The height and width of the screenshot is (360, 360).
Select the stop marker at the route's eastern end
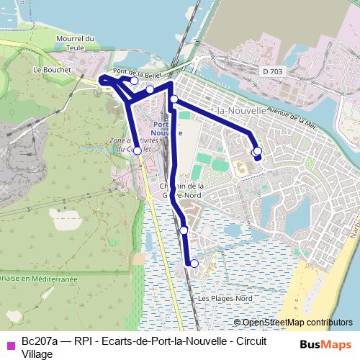tap(257, 151)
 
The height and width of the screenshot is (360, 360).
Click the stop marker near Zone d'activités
tap(138, 150)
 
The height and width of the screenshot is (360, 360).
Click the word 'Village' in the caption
tap(37, 353)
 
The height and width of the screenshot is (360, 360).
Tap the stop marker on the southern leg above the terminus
tap(184, 230)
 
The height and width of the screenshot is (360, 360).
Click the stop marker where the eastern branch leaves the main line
tap(174, 99)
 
